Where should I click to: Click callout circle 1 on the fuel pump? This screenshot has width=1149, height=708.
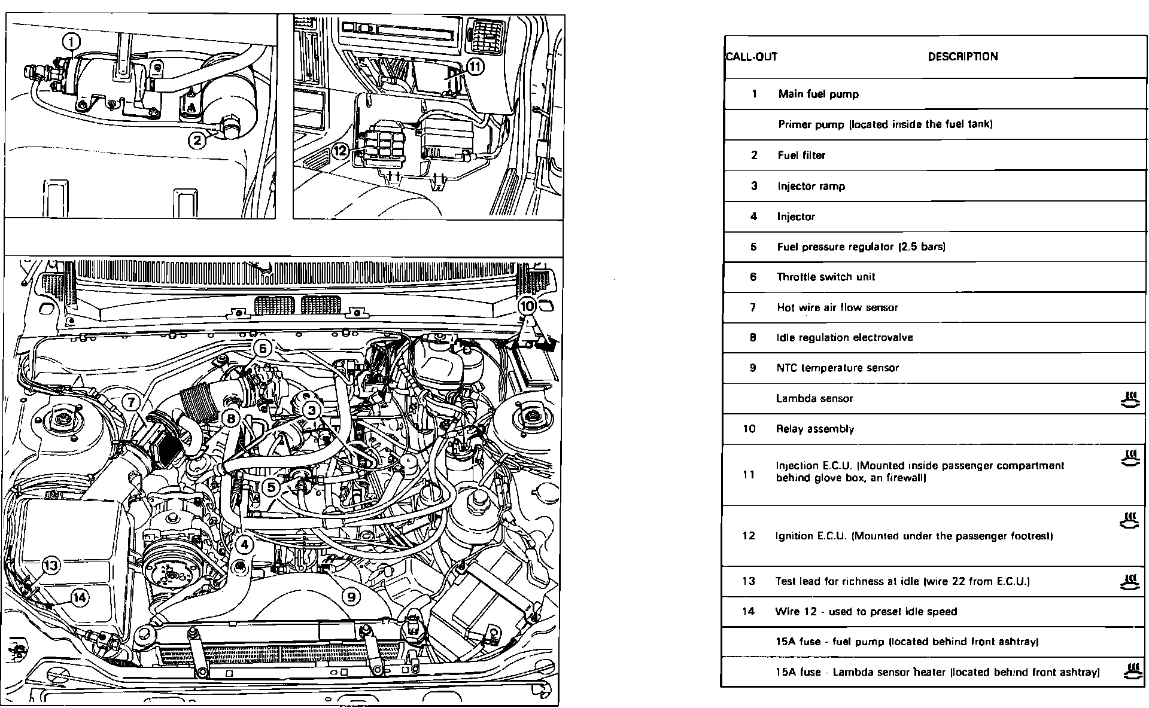click(71, 42)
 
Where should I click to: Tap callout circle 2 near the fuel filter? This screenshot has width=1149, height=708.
click(197, 141)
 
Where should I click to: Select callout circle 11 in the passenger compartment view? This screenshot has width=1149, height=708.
click(474, 67)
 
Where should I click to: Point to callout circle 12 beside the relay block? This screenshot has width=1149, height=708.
click(340, 151)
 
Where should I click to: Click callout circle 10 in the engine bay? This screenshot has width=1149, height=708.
click(527, 306)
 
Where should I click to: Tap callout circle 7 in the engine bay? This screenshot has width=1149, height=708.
click(132, 402)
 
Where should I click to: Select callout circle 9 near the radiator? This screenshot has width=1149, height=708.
click(351, 596)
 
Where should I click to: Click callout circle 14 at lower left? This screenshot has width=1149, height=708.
click(80, 597)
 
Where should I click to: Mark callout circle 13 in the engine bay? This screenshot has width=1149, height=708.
click(51, 565)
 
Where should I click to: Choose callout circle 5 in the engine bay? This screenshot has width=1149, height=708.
click(271, 487)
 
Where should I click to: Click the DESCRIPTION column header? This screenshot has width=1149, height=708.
click(962, 57)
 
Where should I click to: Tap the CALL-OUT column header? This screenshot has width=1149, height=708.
click(752, 57)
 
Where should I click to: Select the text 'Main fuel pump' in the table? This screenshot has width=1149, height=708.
click(818, 94)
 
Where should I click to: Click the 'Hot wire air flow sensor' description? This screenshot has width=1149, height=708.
click(837, 307)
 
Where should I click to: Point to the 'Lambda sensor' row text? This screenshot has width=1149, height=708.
click(814, 398)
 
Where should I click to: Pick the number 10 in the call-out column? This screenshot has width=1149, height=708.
click(749, 429)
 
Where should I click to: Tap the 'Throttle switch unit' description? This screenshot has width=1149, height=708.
click(826, 277)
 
